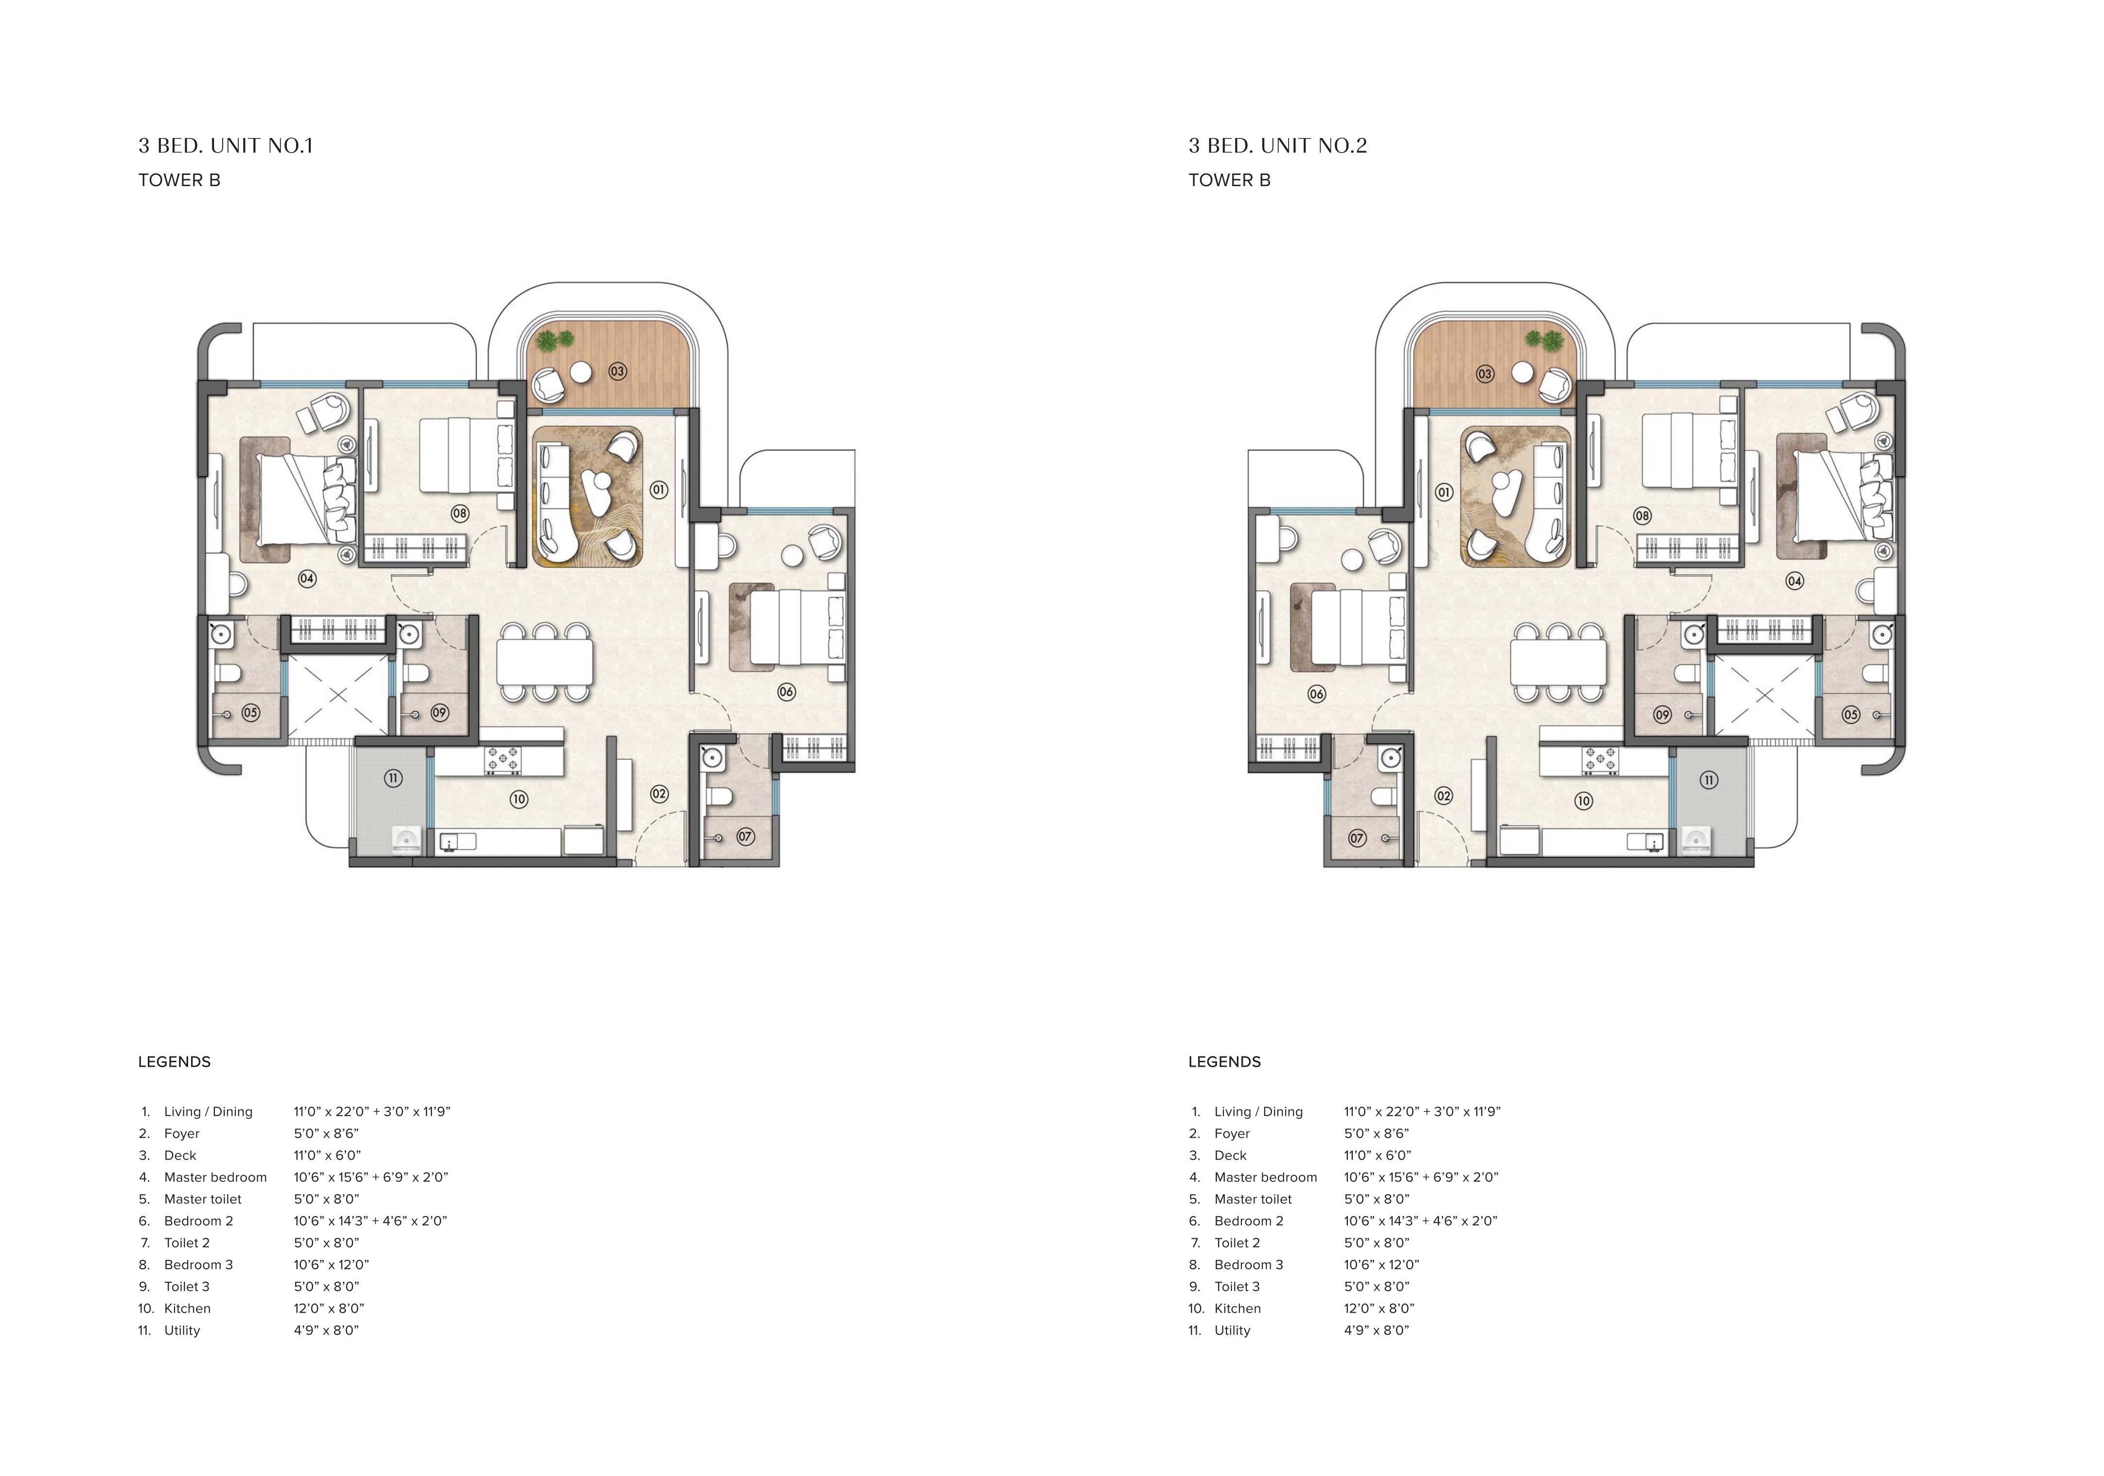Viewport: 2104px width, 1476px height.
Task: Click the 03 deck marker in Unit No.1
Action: (x=618, y=371)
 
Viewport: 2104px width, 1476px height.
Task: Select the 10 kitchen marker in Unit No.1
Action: (x=519, y=799)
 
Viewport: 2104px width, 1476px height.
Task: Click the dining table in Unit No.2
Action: (x=1558, y=661)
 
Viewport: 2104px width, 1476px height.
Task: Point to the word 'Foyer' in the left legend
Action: (x=181, y=1133)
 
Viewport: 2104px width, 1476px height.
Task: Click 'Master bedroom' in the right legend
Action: (x=1266, y=1177)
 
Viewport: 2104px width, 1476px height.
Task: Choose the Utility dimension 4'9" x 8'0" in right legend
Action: (x=1377, y=1330)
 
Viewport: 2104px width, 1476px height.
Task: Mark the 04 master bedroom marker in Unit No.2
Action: (x=1794, y=581)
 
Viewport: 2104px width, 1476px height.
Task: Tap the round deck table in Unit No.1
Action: (x=581, y=372)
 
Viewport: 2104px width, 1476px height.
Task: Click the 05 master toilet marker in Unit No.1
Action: (x=250, y=712)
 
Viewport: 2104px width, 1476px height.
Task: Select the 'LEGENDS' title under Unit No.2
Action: (x=1224, y=1062)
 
